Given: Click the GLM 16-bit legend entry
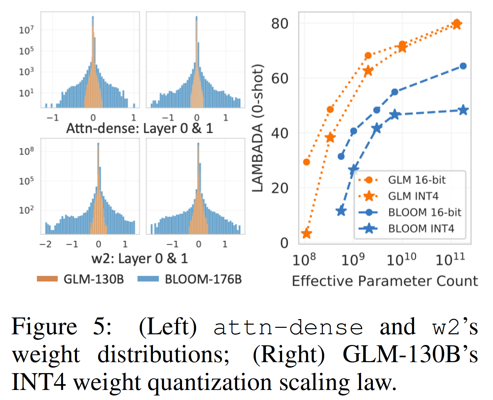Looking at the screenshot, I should pyautogui.click(x=417, y=180).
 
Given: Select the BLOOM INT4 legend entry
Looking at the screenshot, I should pyautogui.click(x=421, y=229).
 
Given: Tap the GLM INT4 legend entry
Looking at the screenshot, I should pyautogui.click(x=413, y=196).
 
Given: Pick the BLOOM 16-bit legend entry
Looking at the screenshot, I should pyautogui.click(x=424, y=212).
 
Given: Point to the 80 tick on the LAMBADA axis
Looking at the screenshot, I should pyautogui.click(x=279, y=24).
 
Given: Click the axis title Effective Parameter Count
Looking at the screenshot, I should pyautogui.click(x=385, y=281).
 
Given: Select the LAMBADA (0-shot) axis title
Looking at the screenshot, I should pyautogui.click(x=257, y=128).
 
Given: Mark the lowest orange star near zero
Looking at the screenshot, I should pyautogui.click(x=306, y=233).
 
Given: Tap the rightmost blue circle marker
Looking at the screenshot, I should pyautogui.click(x=463, y=66).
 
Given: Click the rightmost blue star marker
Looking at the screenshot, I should pyautogui.click(x=463, y=110).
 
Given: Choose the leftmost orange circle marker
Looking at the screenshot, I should pyautogui.click(x=306, y=162).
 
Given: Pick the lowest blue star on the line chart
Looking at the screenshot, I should pyautogui.click(x=341, y=211).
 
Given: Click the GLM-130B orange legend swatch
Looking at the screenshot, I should pyautogui.click(x=47, y=279).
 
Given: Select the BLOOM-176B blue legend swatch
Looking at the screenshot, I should pyautogui.click(x=148, y=279).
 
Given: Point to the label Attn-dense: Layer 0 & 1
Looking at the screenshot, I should pyautogui.click(x=139, y=128).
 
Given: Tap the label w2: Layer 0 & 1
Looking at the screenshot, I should pyautogui.click(x=139, y=259).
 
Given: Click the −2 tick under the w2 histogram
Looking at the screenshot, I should pyautogui.click(x=45, y=244).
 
